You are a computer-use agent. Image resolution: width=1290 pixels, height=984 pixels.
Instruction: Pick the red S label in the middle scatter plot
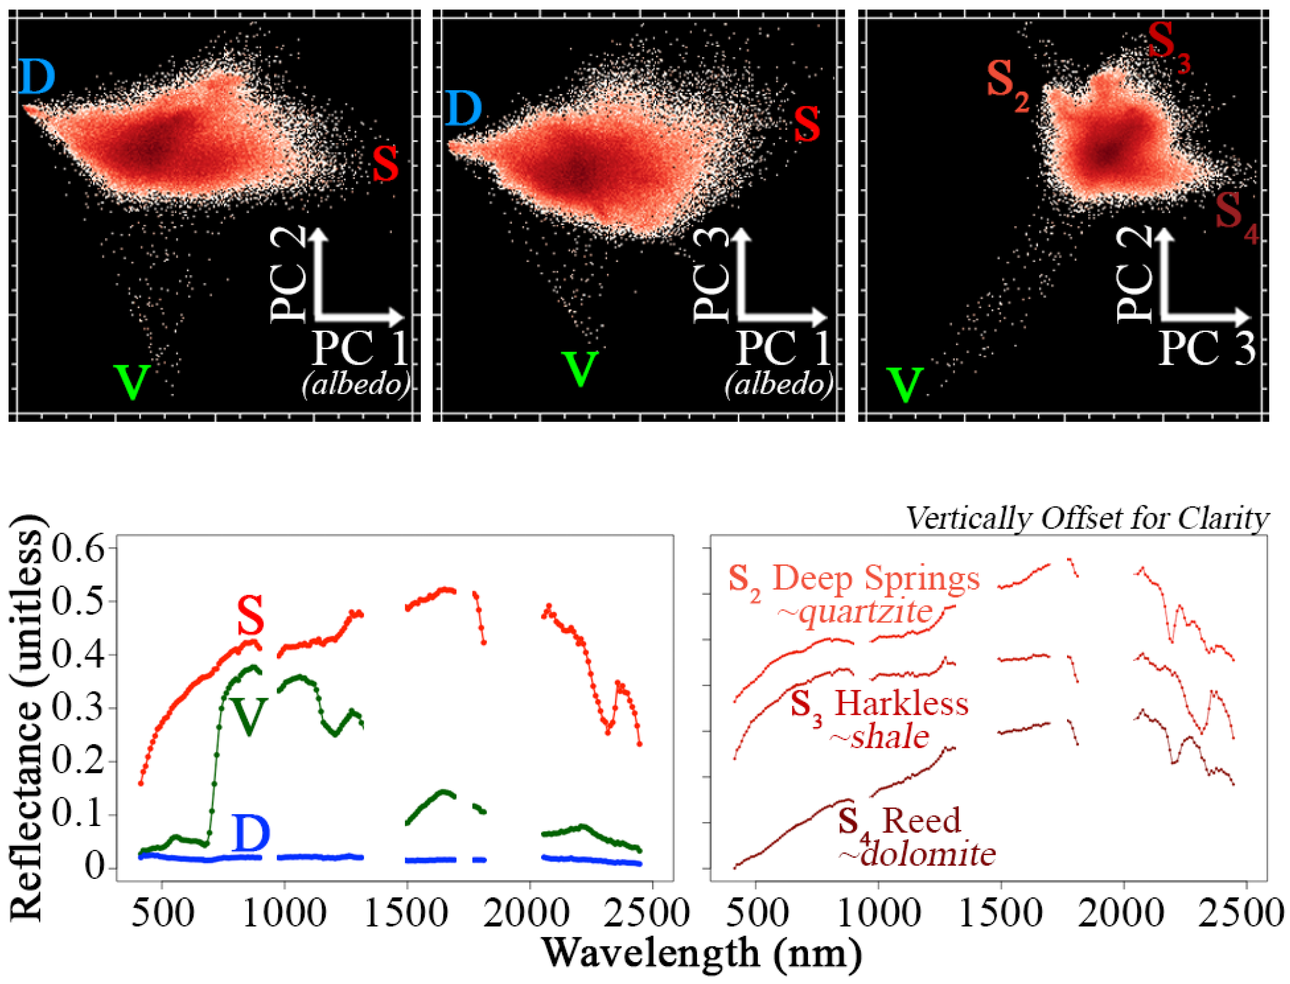(807, 124)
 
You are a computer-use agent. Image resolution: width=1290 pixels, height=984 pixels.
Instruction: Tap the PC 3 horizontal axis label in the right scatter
(1206, 349)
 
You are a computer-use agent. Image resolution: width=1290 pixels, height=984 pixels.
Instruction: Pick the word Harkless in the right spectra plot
(901, 703)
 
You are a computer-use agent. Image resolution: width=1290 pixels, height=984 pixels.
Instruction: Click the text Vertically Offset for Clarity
(1087, 518)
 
